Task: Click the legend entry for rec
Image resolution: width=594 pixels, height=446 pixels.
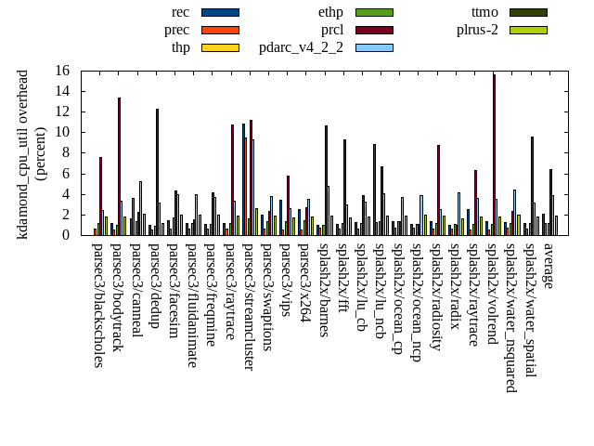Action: pyautogui.click(x=181, y=12)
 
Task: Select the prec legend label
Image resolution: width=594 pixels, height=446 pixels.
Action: pyautogui.click(x=176, y=30)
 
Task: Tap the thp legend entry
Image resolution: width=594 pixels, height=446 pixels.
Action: pyautogui.click(x=181, y=47)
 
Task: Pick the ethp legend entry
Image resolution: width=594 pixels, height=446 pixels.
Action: pyautogui.click(x=331, y=12)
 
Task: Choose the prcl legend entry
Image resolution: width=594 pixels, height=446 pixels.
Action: pyautogui.click(x=332, y=30)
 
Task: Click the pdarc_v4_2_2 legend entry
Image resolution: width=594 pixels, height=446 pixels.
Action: pyautogui.click(x=301, y=47)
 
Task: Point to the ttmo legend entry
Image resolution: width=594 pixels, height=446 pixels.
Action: pyautogui.click(x=484, y=12)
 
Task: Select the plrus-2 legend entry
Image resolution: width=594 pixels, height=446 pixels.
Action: pyautogui.click(x=477, y=30)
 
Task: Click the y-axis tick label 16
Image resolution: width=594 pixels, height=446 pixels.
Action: pyautogui.click(x=61, y=71)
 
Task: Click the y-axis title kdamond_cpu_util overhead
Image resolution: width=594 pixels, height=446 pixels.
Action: pyautogui.click(x=23, y=153)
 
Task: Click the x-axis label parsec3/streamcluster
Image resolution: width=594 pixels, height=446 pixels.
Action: pyautogui.click(x=250, y=307)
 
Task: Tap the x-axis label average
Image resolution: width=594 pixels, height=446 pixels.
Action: pyautogui.click(x=549, y=267)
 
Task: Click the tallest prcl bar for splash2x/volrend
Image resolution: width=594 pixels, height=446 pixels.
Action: pyautogui.click(x=494, y=154)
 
